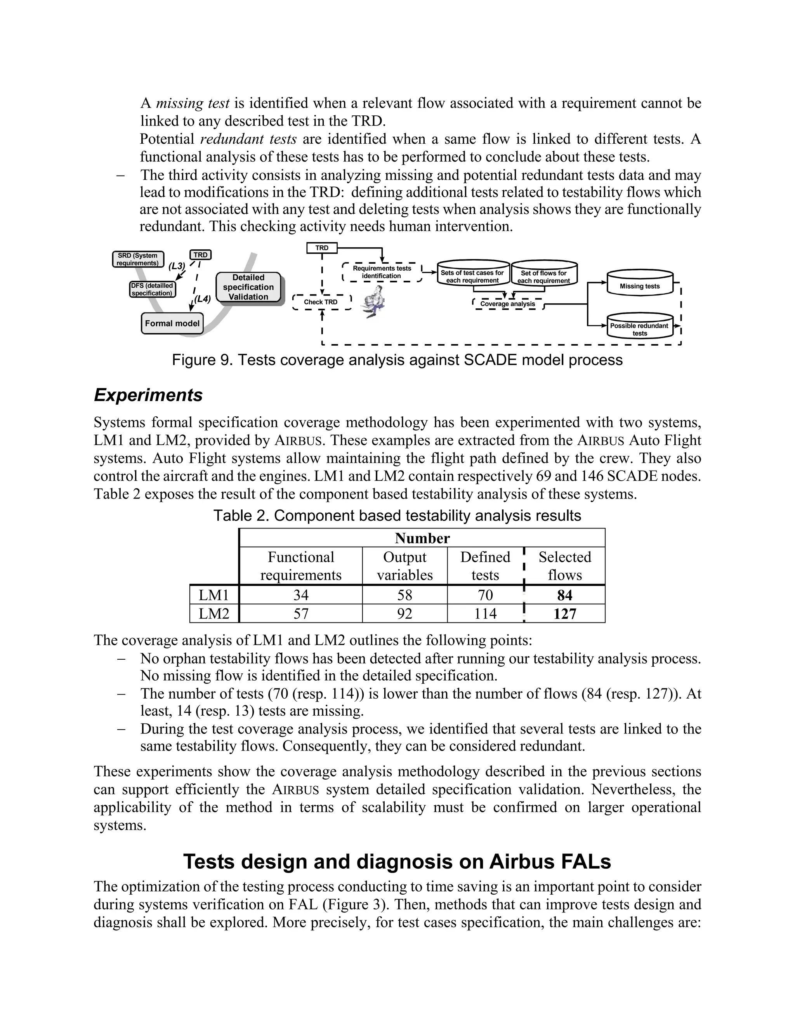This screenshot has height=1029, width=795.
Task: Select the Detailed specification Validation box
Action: click(248, 287)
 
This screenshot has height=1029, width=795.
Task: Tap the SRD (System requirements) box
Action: click(138, 259)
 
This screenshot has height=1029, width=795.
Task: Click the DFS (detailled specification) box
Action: click(152, 289)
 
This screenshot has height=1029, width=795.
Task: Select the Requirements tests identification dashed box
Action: click(382, 272)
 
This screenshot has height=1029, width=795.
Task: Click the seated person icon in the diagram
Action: click(375, 302)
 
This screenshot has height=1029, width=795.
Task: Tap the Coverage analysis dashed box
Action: click(507, 304)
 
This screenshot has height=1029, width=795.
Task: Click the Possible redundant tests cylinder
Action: click(640, 327)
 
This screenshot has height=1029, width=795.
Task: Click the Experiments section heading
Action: click(148, 395)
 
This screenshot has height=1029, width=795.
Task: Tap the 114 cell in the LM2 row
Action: click(485, 614)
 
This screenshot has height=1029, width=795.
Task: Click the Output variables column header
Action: click(404, 566)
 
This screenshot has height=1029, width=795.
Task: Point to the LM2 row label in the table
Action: click(214, 614)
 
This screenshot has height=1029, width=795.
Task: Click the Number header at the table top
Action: click(422, 538)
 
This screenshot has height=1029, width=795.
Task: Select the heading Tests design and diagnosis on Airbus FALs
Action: click(397, 861)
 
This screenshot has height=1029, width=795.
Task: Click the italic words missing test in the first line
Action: click(192, 103)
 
